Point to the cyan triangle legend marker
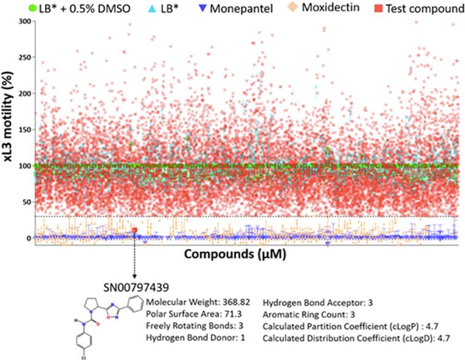coord(133,8)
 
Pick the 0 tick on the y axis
coord(27,238)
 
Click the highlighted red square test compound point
coord(134,229)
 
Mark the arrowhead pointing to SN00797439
coord(134,276)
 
